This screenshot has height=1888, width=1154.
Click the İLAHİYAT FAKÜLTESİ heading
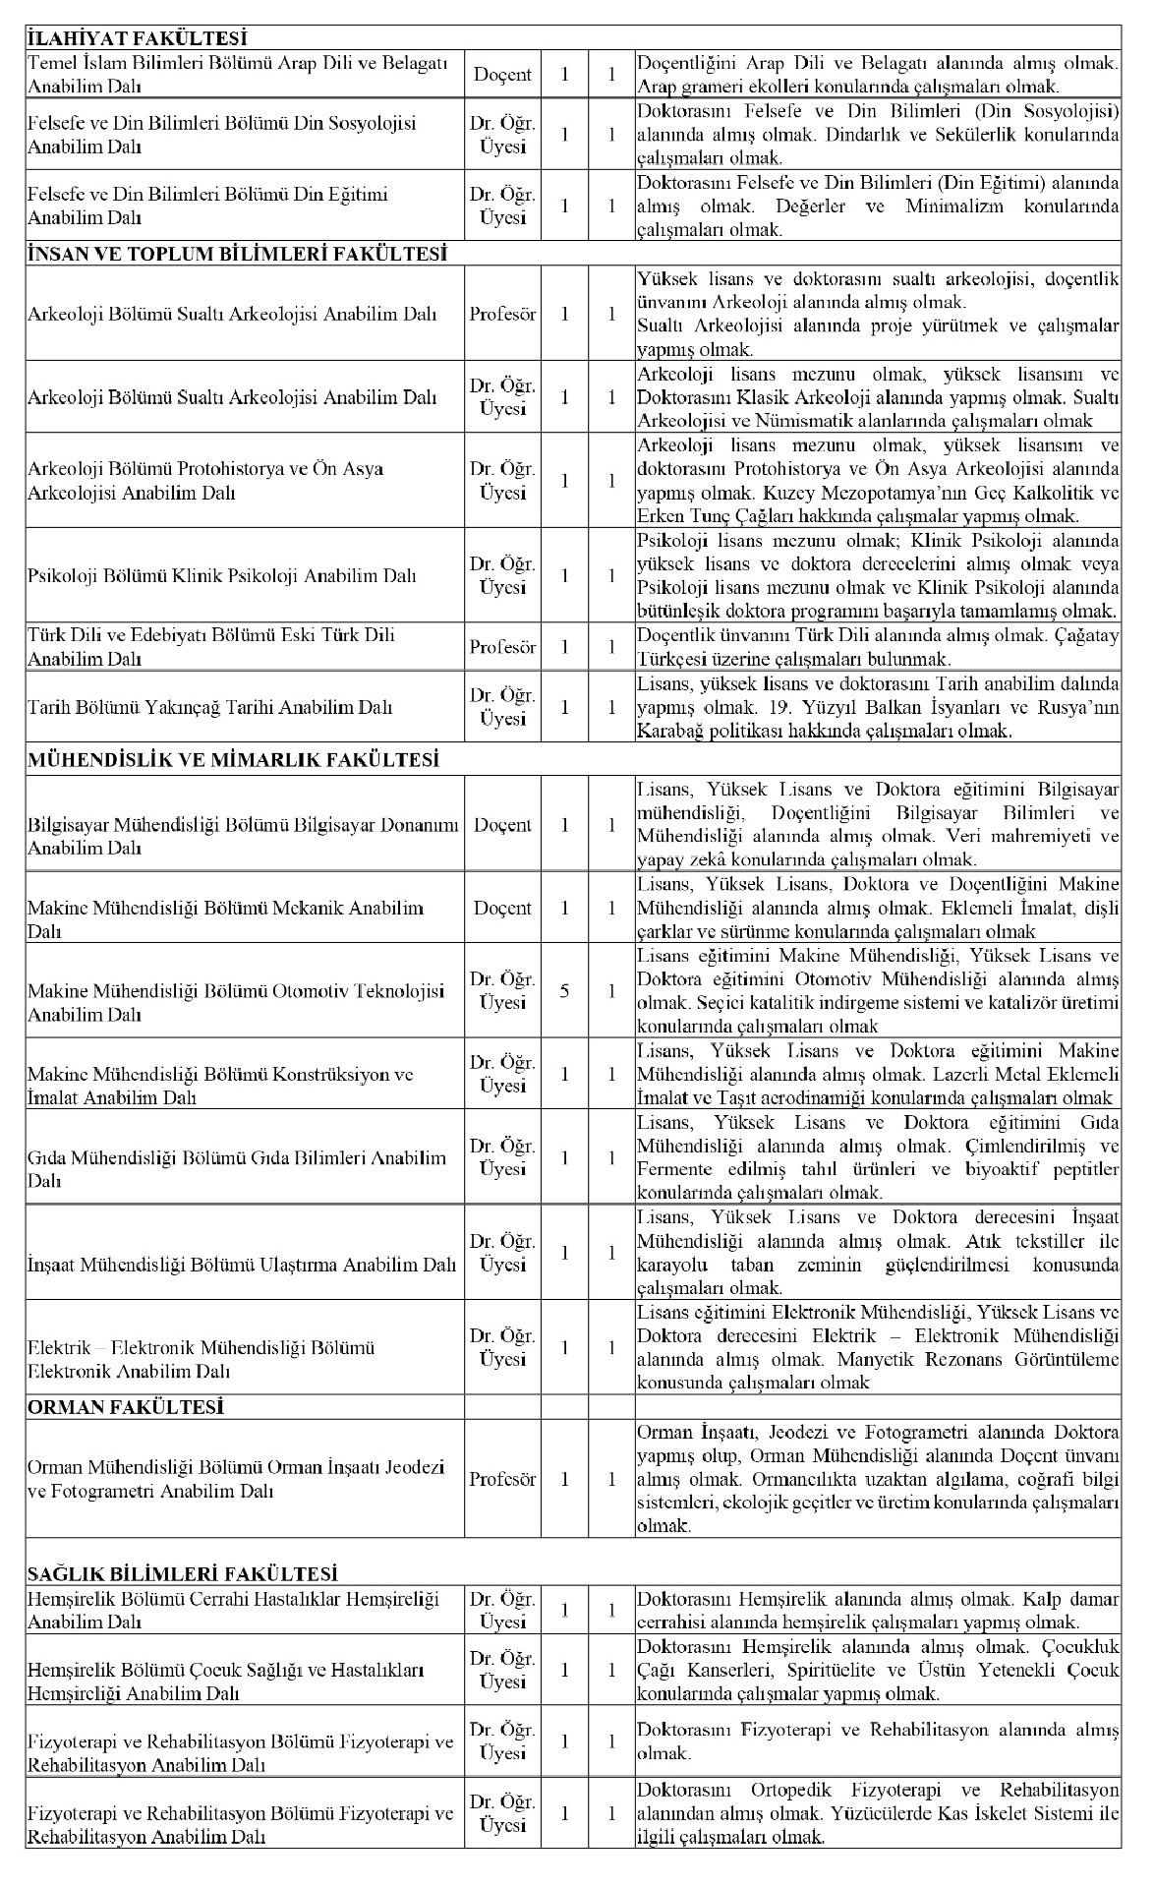[x=137, y=39]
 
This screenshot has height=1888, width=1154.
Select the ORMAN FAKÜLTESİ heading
[x=126, y=1407]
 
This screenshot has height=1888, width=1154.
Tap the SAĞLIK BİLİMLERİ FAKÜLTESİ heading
[x=183, y=1573]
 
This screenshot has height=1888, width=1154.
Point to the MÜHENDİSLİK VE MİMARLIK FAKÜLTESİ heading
[x=232, y=759]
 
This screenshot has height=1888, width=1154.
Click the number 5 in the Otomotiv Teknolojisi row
[x=564, y=991]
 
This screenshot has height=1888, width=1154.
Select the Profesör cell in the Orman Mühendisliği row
[x=503, y=1479]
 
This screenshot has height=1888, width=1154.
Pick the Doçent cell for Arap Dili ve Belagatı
[x=503, y=74]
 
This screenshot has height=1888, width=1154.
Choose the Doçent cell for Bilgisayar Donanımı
[x=503, y=825]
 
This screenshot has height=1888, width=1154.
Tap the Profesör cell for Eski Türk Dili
[x=503, y=647]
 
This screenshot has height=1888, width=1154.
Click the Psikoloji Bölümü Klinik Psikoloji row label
[x=222, y=576]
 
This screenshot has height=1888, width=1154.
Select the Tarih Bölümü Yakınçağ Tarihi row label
[x=210, y=707]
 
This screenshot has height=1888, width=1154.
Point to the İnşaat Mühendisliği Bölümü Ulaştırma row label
[x=242, y=1265]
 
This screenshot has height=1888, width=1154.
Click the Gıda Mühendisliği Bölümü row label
[x=236, y=1169]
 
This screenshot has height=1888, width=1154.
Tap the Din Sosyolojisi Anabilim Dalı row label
[x=222, y=135]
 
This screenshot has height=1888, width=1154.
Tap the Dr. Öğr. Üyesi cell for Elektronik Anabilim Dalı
[x=503, y=1348]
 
